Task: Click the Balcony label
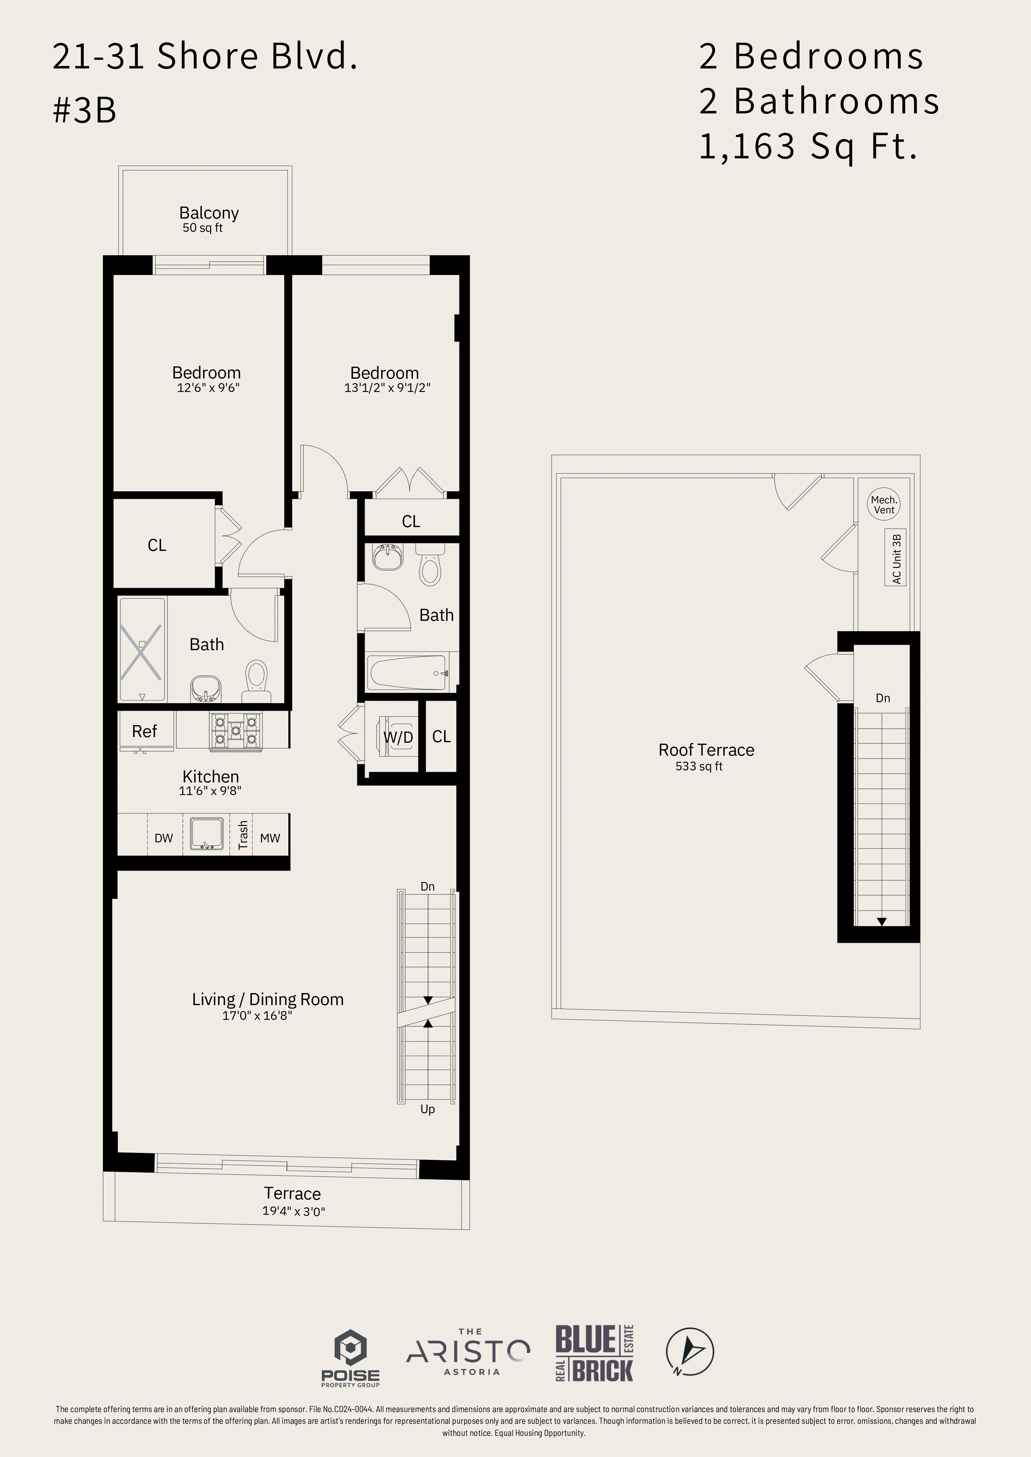[x=209, y=213]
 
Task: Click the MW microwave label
[x=270, y=838]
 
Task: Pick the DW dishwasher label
[x=164, y=838]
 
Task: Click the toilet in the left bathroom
[x=257, y=678]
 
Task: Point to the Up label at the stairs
[x=427, y=1109]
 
